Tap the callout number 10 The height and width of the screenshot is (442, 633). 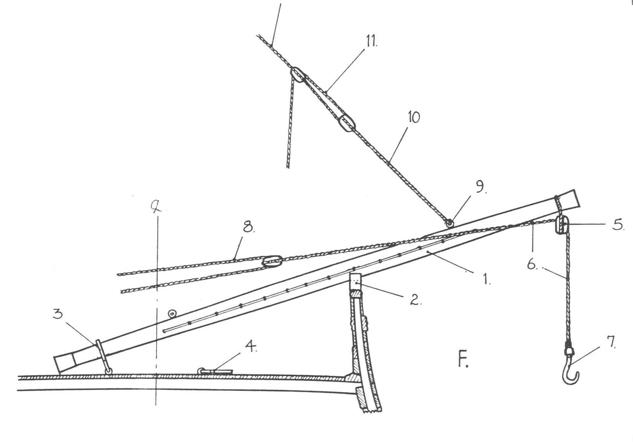click(x=414, y=117)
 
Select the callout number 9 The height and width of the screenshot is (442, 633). click(x=480, y=187)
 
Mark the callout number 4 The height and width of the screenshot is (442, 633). click(x=251, y=346)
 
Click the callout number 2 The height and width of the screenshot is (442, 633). click(x=415, y=300)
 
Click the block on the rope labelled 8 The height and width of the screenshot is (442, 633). click(x=272, y=261)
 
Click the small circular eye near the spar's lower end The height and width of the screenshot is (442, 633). click(x=172, y=313)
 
